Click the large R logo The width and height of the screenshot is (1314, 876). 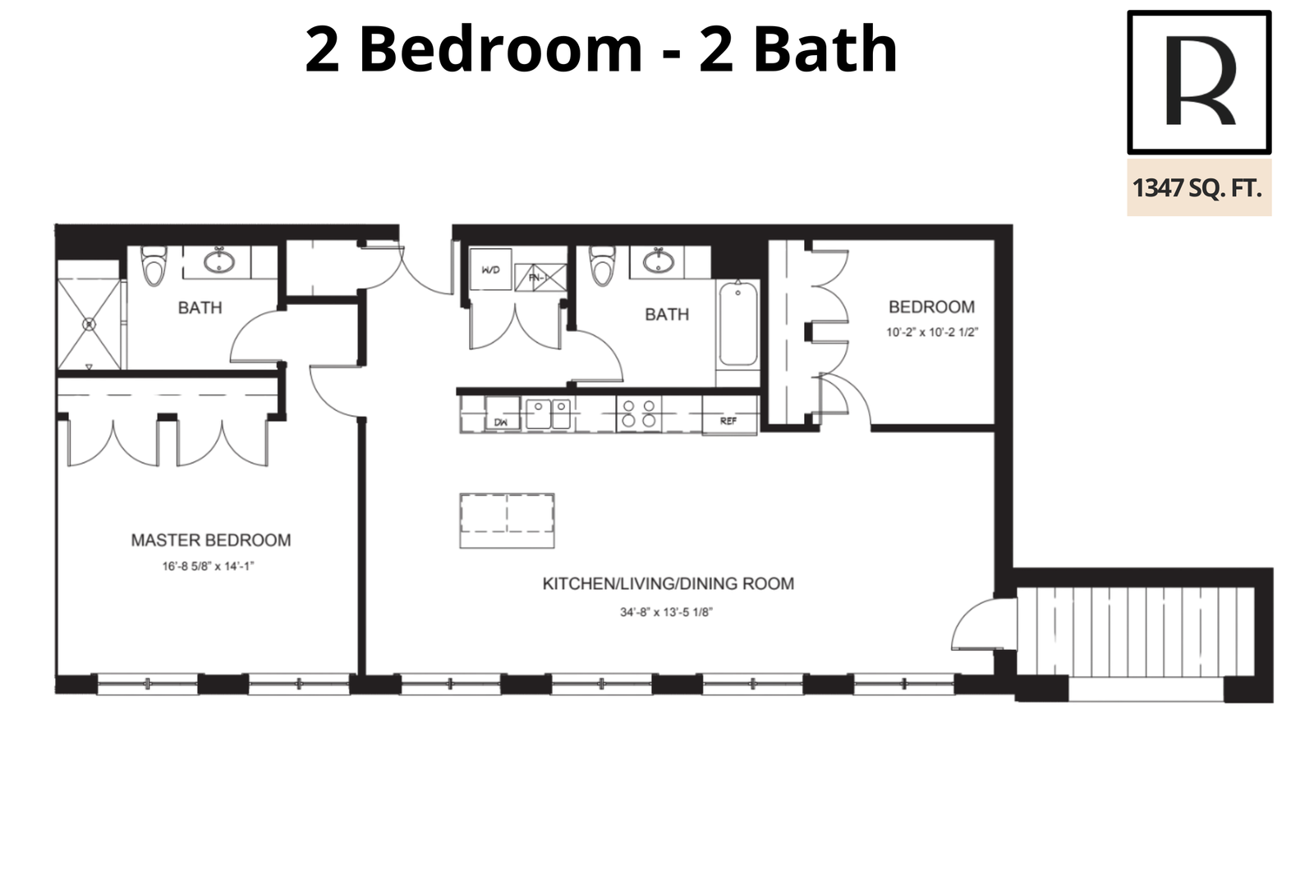1199,82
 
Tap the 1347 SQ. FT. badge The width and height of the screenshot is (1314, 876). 1199,188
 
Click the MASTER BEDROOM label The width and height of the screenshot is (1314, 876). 210,540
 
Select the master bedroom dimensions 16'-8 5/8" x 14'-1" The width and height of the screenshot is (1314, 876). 209,566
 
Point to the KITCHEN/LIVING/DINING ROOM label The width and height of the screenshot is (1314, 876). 668,583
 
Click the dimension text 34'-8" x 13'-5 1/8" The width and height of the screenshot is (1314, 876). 666,612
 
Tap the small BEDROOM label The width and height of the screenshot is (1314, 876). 931,307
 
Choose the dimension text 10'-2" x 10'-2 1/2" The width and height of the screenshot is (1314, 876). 932,332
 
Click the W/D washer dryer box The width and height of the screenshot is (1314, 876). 490,270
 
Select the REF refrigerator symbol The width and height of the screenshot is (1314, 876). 730,415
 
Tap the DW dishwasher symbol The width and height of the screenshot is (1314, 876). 503,414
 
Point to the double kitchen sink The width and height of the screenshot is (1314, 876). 548,414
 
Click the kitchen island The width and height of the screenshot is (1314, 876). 507,521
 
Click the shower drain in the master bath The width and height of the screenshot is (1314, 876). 89,324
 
